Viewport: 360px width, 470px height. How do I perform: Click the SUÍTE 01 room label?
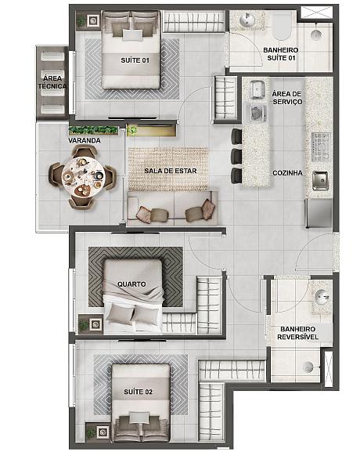(x=135, y=60)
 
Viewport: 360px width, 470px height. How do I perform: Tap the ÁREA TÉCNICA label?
(x=52, y=82)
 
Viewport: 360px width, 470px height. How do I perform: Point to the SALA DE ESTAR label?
(x=171, y=171)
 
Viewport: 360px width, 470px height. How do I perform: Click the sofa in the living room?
(x=173, y=208)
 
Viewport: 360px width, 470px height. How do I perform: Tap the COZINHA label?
(x=287, y=173)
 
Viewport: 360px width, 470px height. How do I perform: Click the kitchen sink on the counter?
(x=320, y=180)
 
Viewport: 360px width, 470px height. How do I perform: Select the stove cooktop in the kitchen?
(x=322, y=147)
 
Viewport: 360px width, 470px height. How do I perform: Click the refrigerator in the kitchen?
(x=319, y=213)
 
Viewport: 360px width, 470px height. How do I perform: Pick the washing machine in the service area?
(x=257, y=112)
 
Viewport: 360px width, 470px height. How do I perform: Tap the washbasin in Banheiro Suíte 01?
(x=247, y=20)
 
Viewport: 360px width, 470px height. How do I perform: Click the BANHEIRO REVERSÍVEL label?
(x=297, y=333)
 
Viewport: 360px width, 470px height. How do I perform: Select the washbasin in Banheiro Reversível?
(x=322, y=297)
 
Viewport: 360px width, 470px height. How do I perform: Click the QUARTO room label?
(x=131, y=284)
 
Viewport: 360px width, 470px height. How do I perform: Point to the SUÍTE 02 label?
(x=138, y=392)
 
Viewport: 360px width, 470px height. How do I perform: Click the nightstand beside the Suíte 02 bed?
(x=98, y=432)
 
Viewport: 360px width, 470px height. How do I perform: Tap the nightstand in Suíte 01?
(x=88, y=20)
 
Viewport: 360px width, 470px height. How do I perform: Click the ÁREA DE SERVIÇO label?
(x=287, y=98)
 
